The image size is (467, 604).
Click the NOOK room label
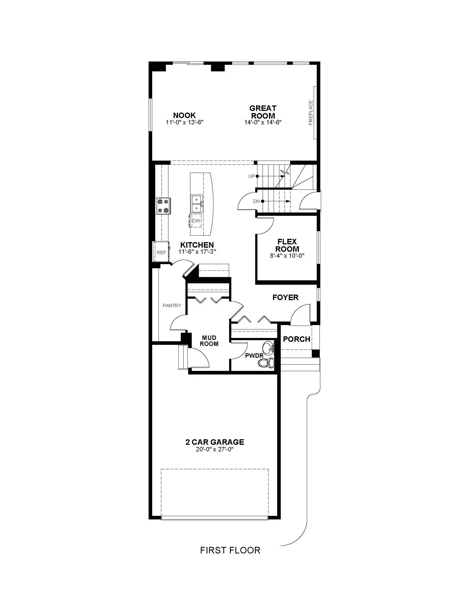click(184, 115)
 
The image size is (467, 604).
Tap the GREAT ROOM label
click(263, 112)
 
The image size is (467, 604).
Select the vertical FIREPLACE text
click(311, 113)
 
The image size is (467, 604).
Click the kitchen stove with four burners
click(163, 206)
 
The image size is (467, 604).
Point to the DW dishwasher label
click(196, 221)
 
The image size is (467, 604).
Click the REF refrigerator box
click(161, 251)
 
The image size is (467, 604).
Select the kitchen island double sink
click(197, 203)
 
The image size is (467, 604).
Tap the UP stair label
click(251, 177)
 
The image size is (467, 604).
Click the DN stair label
click(256, 201)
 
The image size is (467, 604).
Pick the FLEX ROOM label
click(287, 245)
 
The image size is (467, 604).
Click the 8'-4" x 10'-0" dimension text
click(287, 256)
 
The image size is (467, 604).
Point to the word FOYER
click(285, 298)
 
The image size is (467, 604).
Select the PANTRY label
click(172, 306)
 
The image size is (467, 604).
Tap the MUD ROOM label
click(209, 341)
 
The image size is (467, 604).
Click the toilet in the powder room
click(268, 363)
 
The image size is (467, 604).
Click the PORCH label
click(297, 339)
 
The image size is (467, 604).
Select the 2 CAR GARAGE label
click(215, 442)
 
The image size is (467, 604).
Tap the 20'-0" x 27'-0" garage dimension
click(215, 449)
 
